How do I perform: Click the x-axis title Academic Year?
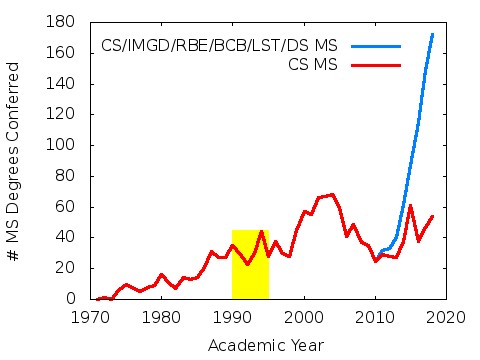(265, 345)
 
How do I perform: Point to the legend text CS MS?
(311, 65)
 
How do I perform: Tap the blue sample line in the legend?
(375, 46)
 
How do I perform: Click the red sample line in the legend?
(375, 64)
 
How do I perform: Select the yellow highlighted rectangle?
(250, 264)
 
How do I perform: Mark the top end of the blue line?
(432, 34)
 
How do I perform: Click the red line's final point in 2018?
(432, 216)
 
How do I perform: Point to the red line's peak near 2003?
(332, 194)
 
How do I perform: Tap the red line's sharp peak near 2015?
(410, 205)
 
